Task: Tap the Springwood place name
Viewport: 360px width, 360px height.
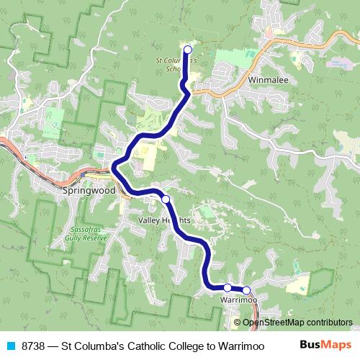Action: coord(89,192)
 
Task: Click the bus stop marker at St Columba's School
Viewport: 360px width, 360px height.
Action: coord(188,50)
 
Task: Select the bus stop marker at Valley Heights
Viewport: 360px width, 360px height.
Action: coord(166,199)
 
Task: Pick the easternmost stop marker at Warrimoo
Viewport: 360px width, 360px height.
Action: coord(246,290)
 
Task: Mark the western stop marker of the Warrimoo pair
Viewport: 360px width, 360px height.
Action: coord(228,287)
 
